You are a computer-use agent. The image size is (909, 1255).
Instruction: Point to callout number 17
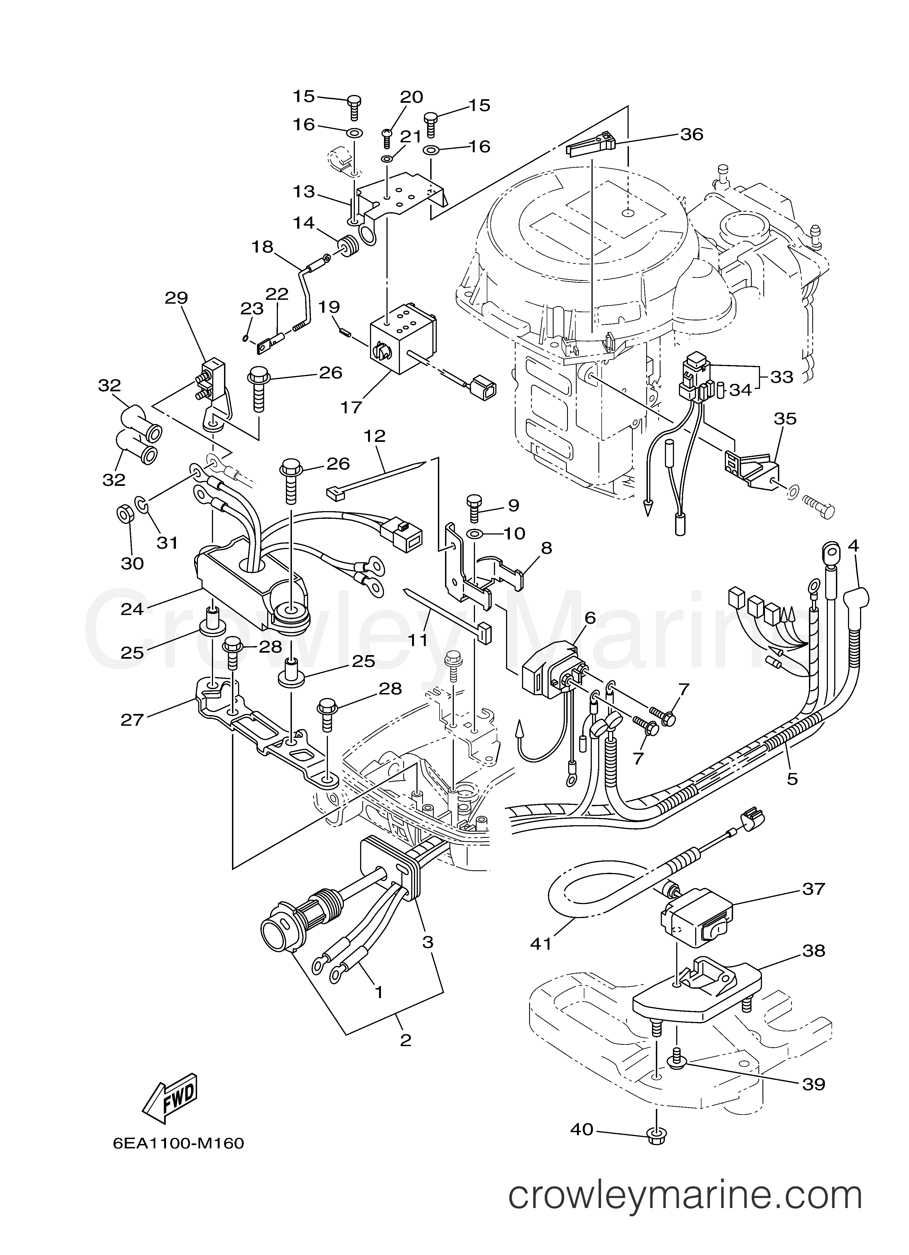click(x=351, y=407)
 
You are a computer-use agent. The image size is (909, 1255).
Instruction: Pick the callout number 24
click(x=132, y=609)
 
